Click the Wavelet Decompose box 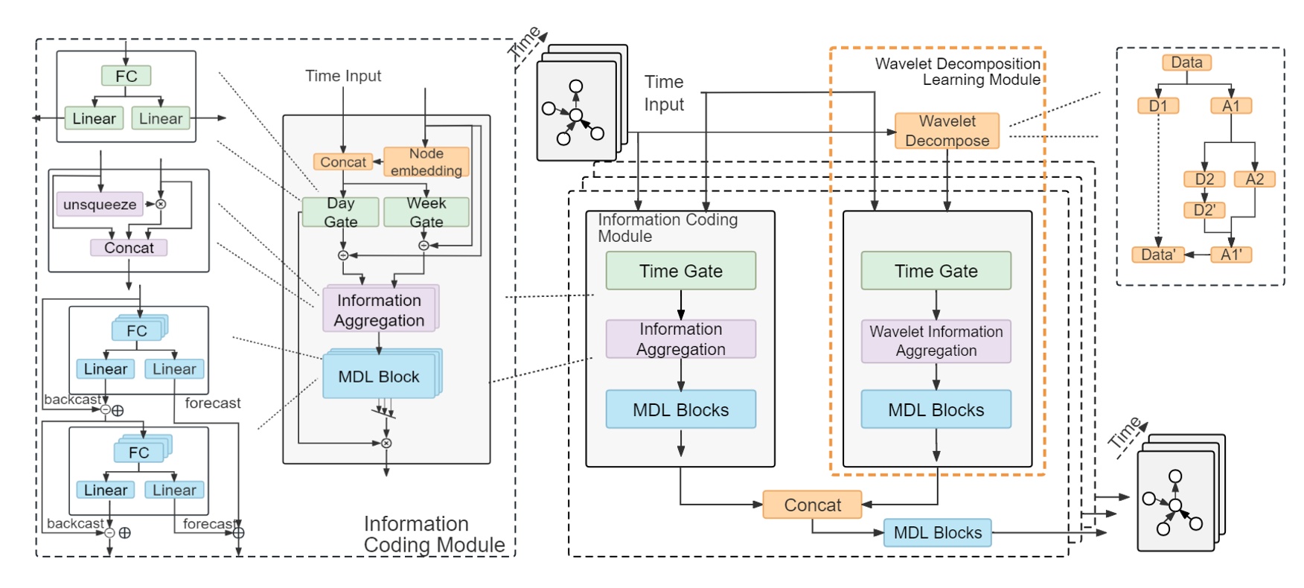point(947,131)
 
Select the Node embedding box point(426,162)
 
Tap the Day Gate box point(340,212)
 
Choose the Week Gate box point(426,212)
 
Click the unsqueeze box point(100,205)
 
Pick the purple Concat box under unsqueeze point(129,248)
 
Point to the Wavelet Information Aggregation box point(936,342)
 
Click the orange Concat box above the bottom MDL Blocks point(812,505)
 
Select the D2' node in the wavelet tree point(1204,211)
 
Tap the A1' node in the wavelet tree point(1231,255)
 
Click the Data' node point(1158,255)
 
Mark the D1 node point(1158,106)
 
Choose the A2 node point(1255,179)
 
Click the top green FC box point(126,76)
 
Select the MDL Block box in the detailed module point(379,377)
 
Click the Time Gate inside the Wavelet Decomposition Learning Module point(936,271)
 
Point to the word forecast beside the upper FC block point(213,403)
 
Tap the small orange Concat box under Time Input point(343,162)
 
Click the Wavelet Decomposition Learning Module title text point(958,71)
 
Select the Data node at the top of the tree point(1186,63)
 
